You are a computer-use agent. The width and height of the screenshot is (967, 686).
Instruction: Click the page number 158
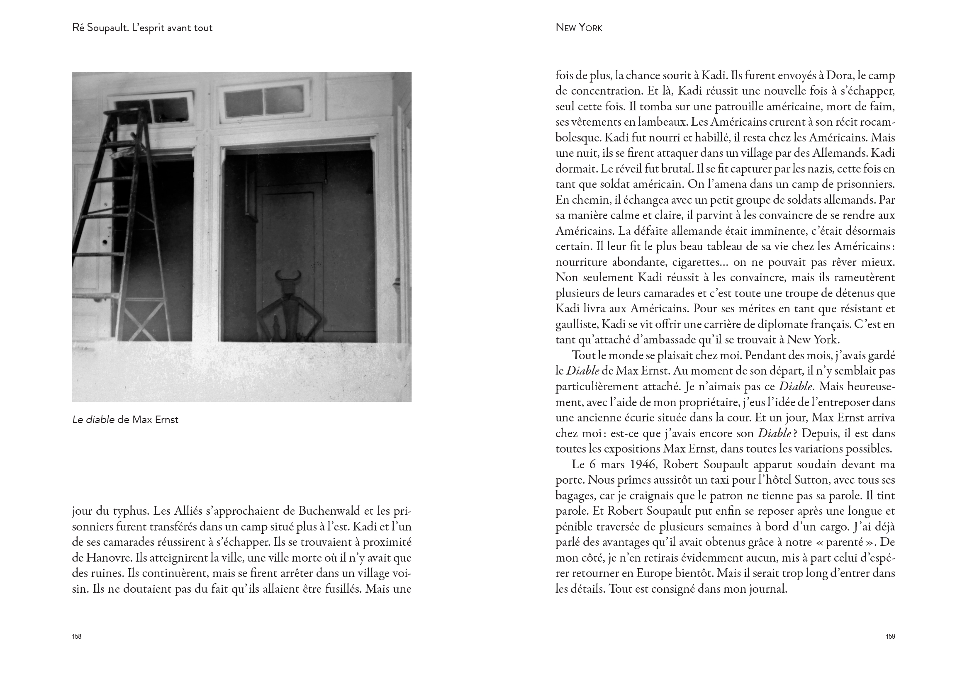pyautogui.click(x=76, y=636)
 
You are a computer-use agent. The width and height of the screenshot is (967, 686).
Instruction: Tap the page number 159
pyautogui.click(x=890, y=636)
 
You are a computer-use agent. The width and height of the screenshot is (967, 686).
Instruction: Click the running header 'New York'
pyautogui.click(x=579, y=28)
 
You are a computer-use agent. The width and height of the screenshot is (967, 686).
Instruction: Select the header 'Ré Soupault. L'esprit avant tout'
pyautogui.click(x=142, y=28)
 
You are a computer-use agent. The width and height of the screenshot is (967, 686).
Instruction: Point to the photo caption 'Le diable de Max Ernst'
pyautogui.click(x=125, y=420)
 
